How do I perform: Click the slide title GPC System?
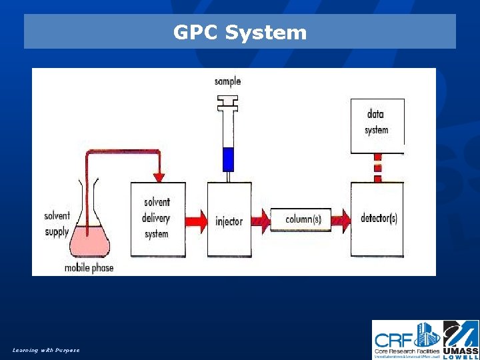(x=240, y=32)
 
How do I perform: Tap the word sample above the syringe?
(x=227, y=81)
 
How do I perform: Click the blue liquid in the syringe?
(x=228, y=159)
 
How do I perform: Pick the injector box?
(x=229, y=220)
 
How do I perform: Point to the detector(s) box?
(x=378, y=219)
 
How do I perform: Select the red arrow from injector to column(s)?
(x=261, y=219)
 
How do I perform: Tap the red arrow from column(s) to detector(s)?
(x=341, y=219)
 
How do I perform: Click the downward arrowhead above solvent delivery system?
(x=159, y=177)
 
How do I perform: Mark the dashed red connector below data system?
(x=377, y=168)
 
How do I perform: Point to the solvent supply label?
(x=57, y=224)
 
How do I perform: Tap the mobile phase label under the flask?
(x=89, y=268)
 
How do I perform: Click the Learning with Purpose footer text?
(x=46, y=350)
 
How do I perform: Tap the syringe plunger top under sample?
(x=228, y=101)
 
